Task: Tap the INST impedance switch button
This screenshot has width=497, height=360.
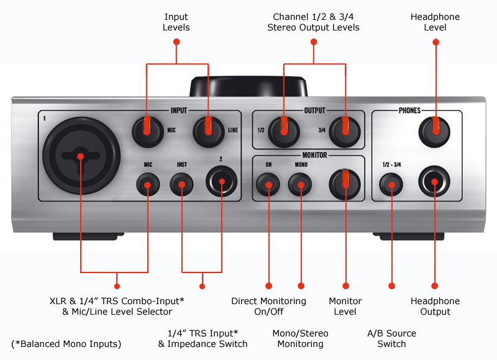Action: tap(182, 185)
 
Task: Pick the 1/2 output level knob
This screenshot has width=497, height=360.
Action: tap(283, 128)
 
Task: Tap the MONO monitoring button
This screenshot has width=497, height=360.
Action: tap(301, 185)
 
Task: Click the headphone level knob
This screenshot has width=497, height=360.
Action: tap(435, 128)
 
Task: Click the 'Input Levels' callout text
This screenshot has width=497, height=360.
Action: tap(176, 22)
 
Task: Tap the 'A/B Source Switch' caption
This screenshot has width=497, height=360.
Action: tap(391, 338)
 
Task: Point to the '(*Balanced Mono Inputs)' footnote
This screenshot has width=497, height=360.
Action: tap(66, 344)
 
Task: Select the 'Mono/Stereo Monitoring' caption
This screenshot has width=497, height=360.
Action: tap(301, 338)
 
